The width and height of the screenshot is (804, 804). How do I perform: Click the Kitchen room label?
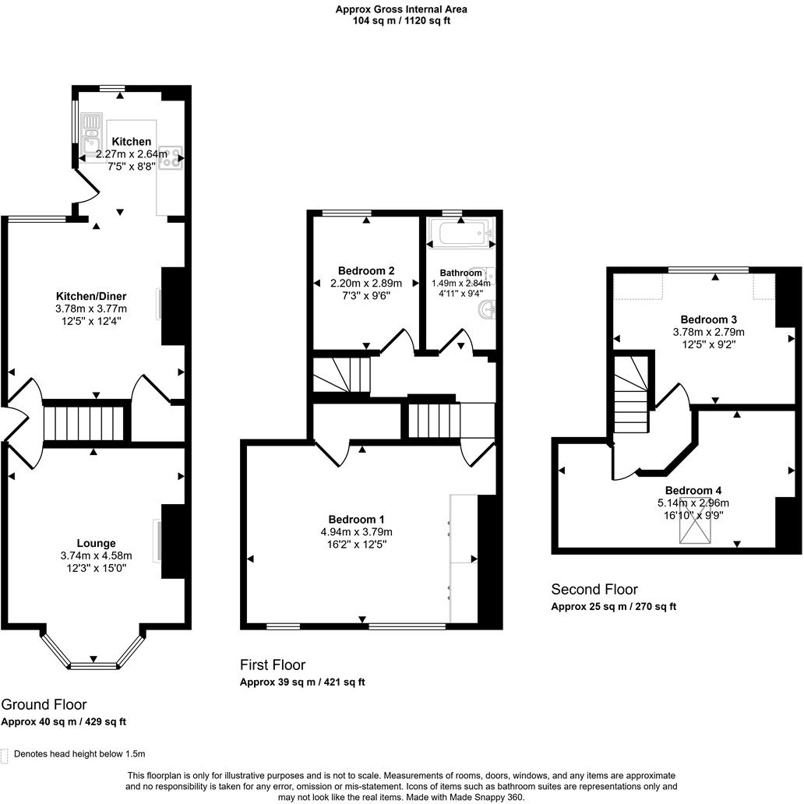pos(131,142)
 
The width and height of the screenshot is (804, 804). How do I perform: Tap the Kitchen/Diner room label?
pos(91,296)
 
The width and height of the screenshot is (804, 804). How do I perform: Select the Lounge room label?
pos(96,543)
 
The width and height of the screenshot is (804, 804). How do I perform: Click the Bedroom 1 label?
pos(356,520)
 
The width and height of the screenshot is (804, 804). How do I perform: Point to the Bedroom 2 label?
pos(365,271)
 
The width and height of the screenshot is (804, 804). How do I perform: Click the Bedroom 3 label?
pos(708,319)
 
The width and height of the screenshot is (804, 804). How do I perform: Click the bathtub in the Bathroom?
pos(460,233)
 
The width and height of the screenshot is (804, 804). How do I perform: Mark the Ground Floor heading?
pos(44,704)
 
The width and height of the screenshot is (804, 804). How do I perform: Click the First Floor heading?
pos(272,665)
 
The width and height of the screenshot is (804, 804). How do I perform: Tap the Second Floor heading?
pos(594,589)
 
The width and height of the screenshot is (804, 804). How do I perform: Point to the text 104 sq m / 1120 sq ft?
pos(401,21)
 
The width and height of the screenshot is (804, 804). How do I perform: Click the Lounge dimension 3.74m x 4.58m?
pos(96,555)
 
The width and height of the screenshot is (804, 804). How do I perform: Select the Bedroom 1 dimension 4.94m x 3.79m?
pos(356,532)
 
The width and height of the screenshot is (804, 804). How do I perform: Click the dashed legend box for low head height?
pos(5,754)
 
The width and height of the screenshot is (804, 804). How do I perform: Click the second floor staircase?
pos(631,393)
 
